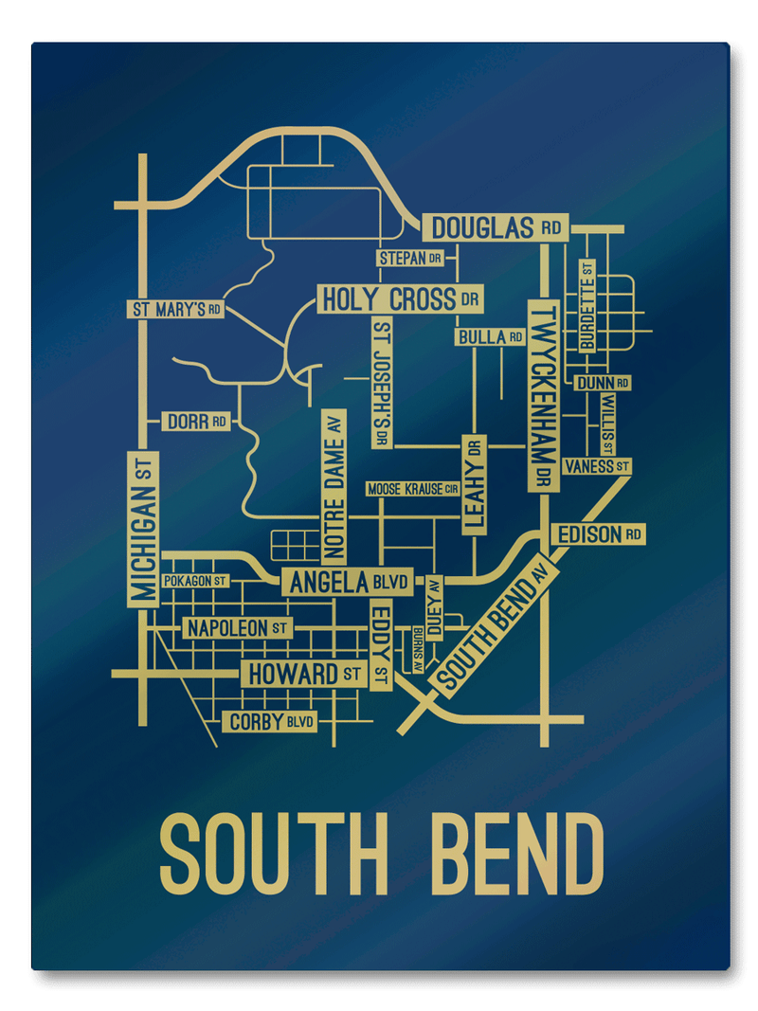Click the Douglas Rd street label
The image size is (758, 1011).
click(x=495, y=227)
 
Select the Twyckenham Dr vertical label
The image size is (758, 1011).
click(x=543, y=395)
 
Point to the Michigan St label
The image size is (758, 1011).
click(x=143, y=528)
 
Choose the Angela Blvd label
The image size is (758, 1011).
click(x=346, y=582)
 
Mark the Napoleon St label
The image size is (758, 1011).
click(x=237, y=627)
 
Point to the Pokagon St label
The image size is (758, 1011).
click(x=195, y=580)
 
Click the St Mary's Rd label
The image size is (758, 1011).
click(x=176, y=309)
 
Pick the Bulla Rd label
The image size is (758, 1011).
click(x=490, y=336)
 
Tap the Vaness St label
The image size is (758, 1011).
click(x=596, y=466)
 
